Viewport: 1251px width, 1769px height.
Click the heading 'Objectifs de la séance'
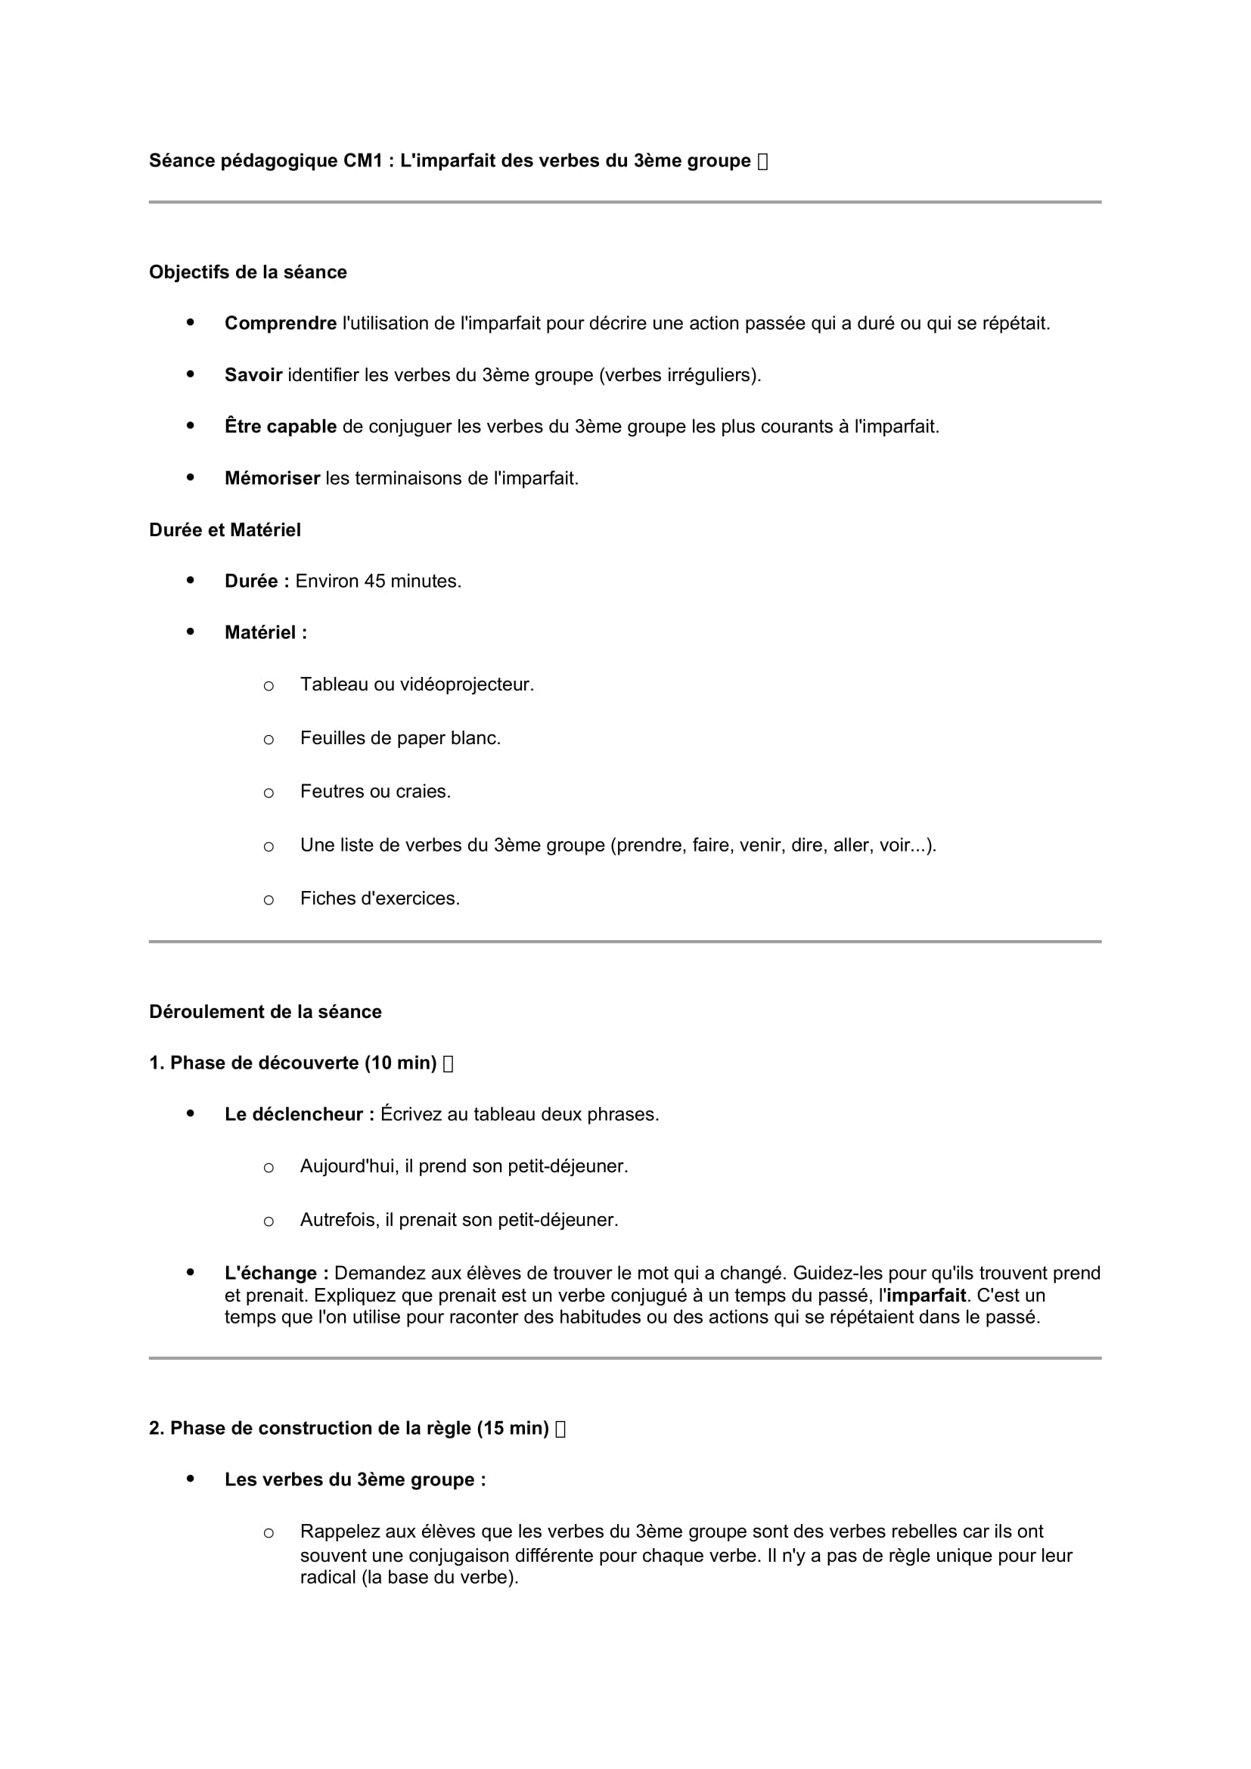point(247,272)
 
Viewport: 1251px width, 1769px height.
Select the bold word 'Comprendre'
point(281,324)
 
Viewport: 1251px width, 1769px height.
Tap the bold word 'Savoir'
point(253,375)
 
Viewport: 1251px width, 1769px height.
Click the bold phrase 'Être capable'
point(281,427)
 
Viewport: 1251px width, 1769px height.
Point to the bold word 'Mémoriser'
point(272,479)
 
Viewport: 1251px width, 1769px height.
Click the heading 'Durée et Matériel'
point(224,530)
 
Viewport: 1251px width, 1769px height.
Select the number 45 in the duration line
point(374,581)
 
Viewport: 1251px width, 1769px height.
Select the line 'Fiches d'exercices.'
point(380,898)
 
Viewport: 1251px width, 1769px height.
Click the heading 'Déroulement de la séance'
point(265,1012)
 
